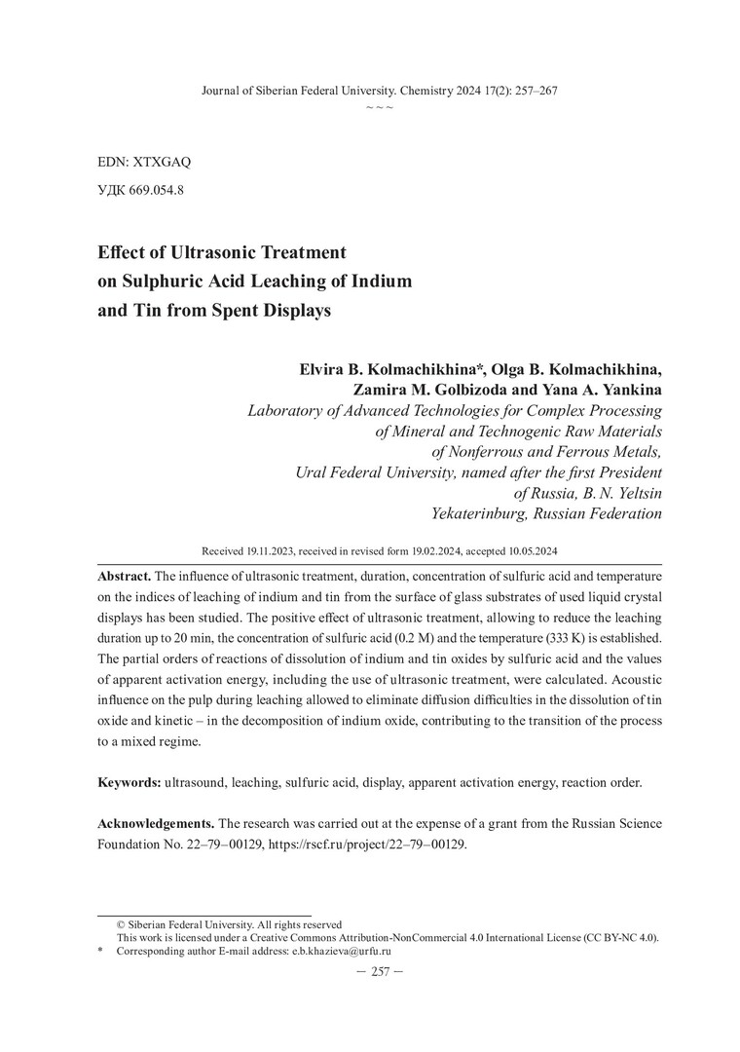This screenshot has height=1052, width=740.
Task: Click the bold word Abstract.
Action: pos(124,574)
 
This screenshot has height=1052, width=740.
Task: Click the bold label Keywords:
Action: pos(129,782)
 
